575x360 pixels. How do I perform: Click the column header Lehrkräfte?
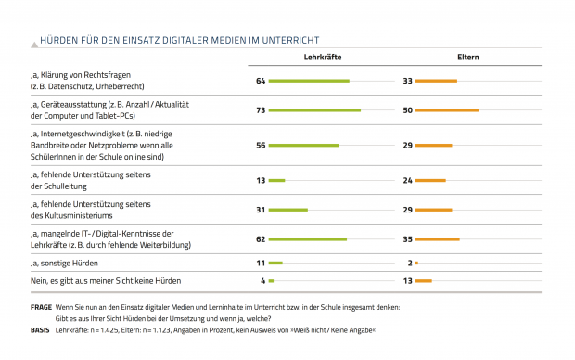click(322, 58)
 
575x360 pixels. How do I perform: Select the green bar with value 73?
click(315, 110)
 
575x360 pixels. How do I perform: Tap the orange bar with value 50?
click(447, 110)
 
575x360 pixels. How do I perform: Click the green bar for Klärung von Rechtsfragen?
click(310, 82)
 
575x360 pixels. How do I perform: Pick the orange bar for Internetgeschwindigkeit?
click(434, 146)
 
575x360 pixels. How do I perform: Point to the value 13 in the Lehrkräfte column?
click(261, 180)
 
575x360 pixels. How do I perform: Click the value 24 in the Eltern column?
click(408, 180)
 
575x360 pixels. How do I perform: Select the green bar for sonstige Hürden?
click(275, 264)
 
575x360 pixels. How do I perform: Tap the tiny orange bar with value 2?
click(417, 264)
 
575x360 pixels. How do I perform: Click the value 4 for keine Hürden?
click(262, 280)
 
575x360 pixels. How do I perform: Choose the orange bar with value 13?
click(424, 280)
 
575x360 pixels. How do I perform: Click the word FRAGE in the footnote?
click(40, 307)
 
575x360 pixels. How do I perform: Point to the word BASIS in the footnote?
click(40, 329)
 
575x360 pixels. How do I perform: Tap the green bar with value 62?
click(308, 238)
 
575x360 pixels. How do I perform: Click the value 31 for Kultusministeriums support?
click(261, 210)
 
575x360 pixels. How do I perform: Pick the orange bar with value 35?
click(438, 238)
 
